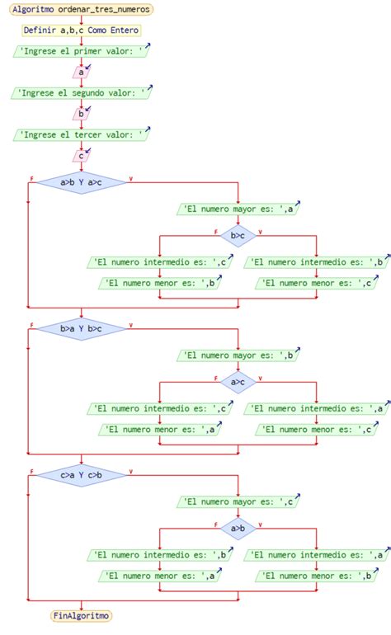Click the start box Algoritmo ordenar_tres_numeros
(81, 9)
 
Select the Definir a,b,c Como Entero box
(81, 30)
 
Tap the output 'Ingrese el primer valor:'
(81, 51)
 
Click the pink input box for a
(81, 72)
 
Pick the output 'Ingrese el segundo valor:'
(81, 92)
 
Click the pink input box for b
(81, 114)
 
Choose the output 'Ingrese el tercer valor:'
(81, 134)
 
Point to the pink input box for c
(81, 156)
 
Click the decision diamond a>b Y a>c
(81, 182)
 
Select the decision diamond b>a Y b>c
(81, 328)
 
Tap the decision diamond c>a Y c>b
(81, 475)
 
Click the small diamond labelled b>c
(238, 235)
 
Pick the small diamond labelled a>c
(238, 382)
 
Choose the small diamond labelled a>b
(238, 528)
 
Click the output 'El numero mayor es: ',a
(238, 209)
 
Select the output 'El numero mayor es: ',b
(238, 355)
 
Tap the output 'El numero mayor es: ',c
(238, 501)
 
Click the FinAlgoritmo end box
(81, 615)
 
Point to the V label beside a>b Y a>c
(131, 179)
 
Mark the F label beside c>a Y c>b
(31, 472)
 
